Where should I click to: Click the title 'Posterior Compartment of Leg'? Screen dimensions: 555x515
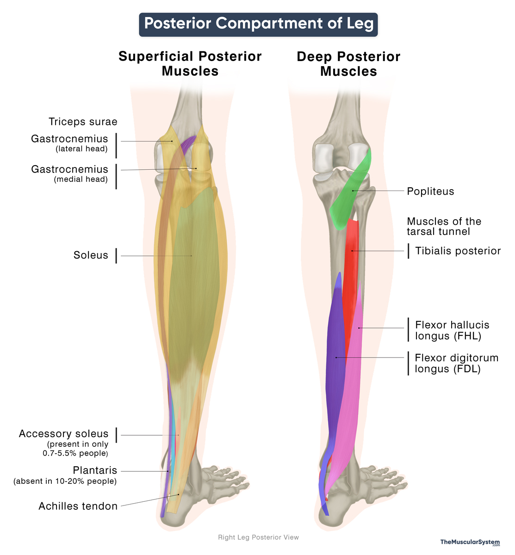pyautogui.click(x=258, y=24)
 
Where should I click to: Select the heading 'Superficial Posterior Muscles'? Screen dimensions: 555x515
pyautogui.click(x=190, y=64)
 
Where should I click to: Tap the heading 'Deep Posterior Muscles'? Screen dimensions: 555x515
pyautogui.click(x=348, y=64)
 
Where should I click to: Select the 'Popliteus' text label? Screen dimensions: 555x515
pyautogui.click(x=430, y=191)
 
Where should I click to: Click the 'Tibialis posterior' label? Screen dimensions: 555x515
pyautogui.click(x=458, y=251)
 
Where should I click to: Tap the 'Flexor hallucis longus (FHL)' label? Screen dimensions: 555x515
pyautogui.click(x=452, y=331)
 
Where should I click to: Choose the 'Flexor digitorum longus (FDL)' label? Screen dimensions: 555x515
pyautogui.click(x=456, y=364)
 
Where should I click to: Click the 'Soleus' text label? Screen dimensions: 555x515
pyautogui.click(x=91, y=255)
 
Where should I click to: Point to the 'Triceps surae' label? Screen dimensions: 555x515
pyautogui.click(x=83, y=122)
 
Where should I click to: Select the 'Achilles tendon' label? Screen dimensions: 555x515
pyautogui.click(x=78, y=506)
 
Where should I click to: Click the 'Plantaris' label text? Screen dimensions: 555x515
pyautogui.click(x=95, y=471)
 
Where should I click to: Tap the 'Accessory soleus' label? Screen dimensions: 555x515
pyautogui.click(x=63, y=434)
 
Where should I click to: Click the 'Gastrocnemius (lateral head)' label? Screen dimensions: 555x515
pyautogui.click(x=69, y=143)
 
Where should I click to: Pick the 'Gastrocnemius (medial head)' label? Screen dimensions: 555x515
pyautogui.click(x=69, y=174)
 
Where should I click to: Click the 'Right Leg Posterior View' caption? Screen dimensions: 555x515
pyautogui.click(x=258, y=537)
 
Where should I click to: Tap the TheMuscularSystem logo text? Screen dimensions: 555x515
pyautogui.click(x=470, y=543)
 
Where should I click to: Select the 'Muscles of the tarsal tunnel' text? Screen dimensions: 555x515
pyautogui.click(x=444, y=227)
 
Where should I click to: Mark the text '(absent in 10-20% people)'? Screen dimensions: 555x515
pyautogui.click(x=65, y=481)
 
